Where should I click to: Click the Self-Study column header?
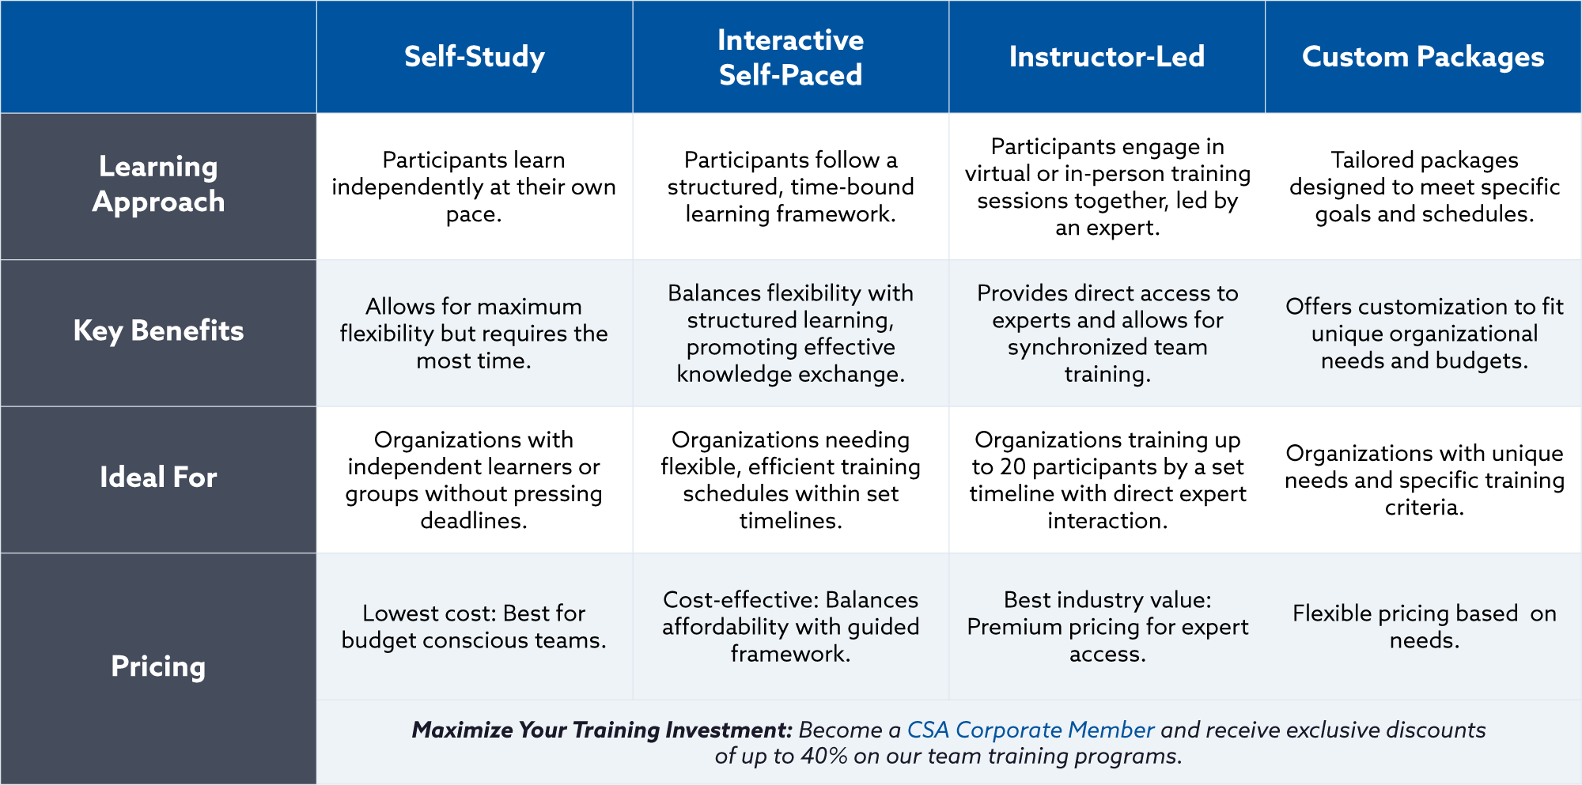(x=475, y=57)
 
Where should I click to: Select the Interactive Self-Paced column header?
(x=790, y=57)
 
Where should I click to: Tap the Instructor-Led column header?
(x=1107, y=57)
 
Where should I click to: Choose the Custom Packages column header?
(x=1423, y=57)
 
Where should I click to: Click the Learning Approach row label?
(x=158, y=184)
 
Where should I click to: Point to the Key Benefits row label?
(x=158, y=330)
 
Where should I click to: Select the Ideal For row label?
(x=158, y=477)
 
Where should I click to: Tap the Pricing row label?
(x=158, y=666)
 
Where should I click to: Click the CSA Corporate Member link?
(x=1031, y=730)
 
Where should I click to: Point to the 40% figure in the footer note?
(x=824, y=756)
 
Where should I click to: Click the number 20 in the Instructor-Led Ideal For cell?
(x=1012, y=466)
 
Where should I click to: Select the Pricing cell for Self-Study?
(x=474, y=626)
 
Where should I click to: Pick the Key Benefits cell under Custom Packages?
(x=1424, y=333)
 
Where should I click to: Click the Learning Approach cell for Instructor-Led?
(x=1107, y=187)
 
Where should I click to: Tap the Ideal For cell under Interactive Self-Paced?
(x=790, y=480)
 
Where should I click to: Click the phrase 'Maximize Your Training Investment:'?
(x=602, y=730)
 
